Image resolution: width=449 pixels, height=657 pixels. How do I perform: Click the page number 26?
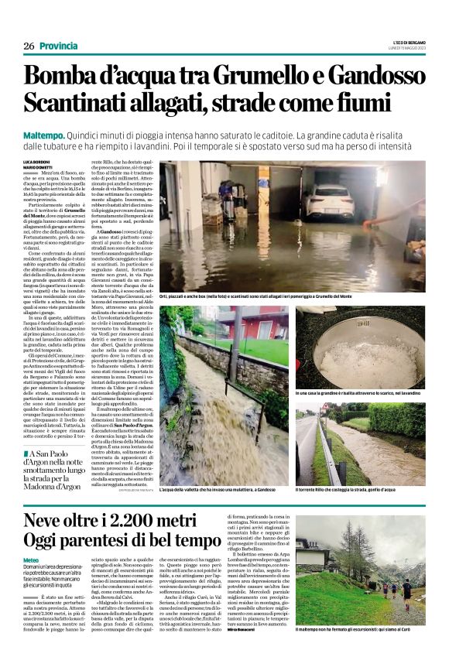click(29, 46)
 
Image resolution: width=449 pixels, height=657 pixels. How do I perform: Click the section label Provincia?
click(59, 46)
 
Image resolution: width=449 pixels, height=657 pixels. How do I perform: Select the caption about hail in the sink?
click(357, 395)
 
